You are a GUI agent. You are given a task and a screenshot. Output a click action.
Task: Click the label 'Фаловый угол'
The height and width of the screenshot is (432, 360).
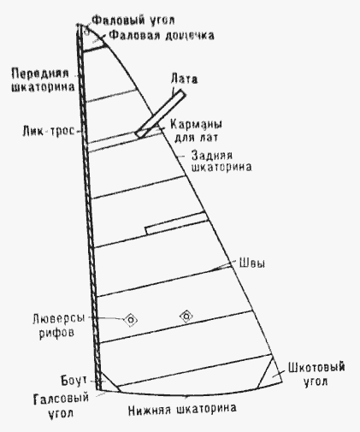pos(133,21)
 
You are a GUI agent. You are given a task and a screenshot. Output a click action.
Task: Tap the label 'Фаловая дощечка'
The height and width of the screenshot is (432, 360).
pos(162,36)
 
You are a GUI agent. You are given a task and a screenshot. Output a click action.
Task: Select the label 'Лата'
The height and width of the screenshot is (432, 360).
pos(184,79)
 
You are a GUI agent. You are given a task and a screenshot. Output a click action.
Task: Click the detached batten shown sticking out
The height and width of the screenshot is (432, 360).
pos(161,114)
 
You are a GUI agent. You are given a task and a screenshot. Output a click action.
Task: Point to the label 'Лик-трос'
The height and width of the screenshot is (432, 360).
pos(48,131)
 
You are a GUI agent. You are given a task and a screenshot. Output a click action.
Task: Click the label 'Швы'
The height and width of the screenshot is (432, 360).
pos(252,263)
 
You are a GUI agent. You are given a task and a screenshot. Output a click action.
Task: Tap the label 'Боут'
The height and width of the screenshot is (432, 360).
pos(74,381)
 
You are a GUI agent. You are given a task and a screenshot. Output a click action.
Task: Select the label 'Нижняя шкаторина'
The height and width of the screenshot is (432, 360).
pos(182,410)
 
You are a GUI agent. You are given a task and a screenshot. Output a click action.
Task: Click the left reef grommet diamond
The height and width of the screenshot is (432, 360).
pos(131,320)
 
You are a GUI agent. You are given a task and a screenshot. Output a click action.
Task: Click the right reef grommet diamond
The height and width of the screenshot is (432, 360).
pos(186,316)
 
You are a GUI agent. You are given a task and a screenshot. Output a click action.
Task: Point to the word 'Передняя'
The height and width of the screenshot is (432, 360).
pos(40,74)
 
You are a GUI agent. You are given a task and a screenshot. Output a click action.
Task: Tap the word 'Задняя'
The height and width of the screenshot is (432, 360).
pos(211,156)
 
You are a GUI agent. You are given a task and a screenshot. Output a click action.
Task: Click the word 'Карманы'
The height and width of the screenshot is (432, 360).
pos(196,125)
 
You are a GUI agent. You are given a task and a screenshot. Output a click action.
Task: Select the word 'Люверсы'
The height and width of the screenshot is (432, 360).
pos(59,319)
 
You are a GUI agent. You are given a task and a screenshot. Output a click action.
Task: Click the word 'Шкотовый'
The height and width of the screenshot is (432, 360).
pos(316,367)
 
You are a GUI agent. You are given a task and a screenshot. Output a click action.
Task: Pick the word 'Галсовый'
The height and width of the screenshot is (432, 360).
pos(61,399)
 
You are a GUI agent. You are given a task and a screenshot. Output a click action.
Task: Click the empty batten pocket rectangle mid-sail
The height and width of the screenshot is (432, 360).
pos(177,223)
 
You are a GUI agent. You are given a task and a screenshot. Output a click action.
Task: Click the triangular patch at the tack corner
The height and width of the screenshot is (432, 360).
pos(108,382)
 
